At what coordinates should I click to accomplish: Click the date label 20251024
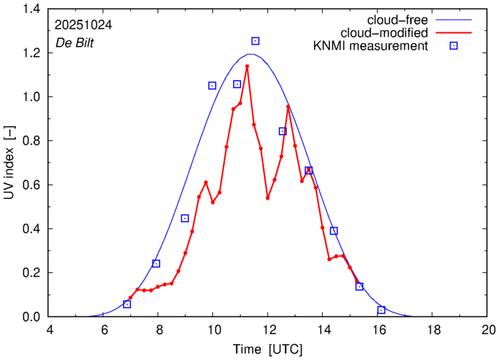pyautogui.click(x=82, y=24)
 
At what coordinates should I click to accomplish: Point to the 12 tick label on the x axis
pyautogui.click(x=268, y=331)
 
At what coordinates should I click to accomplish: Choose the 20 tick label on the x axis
pyautogui.click(x=488, y=331)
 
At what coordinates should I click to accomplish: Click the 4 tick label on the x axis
pyautogui.click(x=49, y=331)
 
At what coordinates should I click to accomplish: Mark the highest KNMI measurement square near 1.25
pyautogui.click(x=255, y=41)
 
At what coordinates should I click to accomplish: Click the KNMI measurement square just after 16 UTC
pyautogui.click(x=381, y=310)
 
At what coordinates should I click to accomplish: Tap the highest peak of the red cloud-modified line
pyautogui.click(x=247, y=66)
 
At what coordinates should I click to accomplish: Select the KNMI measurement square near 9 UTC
pyautogui.click(x=185, y=218)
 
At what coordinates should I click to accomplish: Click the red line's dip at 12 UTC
pyautogui.click(x=267, y=198)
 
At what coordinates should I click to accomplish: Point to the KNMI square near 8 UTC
pyautogui.click(x=156, y=264)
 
